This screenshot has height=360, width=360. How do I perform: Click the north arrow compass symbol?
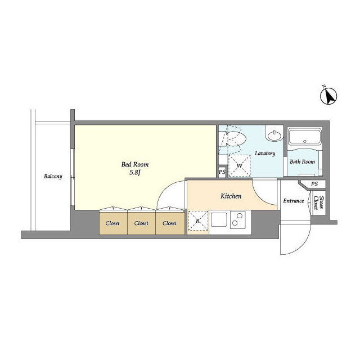pos(328,96)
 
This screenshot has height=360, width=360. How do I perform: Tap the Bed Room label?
pos(135,164)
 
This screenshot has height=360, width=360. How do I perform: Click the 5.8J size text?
pos(135,173)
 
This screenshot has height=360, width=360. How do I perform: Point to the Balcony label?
pos(53,176)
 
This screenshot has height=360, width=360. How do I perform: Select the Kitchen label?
pos(231,196)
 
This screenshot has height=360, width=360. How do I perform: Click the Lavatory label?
pos(265,154)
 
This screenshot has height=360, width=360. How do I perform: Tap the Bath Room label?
pos(302,161)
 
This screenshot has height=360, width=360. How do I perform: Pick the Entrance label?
pos(294,201)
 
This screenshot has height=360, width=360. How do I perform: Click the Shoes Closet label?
pos(319,202)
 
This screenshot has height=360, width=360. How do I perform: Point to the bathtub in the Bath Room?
pos(304,137)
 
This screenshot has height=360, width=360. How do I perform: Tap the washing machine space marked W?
pos(239,165)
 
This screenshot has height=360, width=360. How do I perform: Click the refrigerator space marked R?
pos(198,221)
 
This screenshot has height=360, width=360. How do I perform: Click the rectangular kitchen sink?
pos(219,219)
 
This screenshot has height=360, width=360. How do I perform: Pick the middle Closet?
pos(141,223)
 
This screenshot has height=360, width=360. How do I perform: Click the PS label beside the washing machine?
pos(222,172)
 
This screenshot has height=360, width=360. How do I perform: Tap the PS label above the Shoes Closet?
pos(314,184)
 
